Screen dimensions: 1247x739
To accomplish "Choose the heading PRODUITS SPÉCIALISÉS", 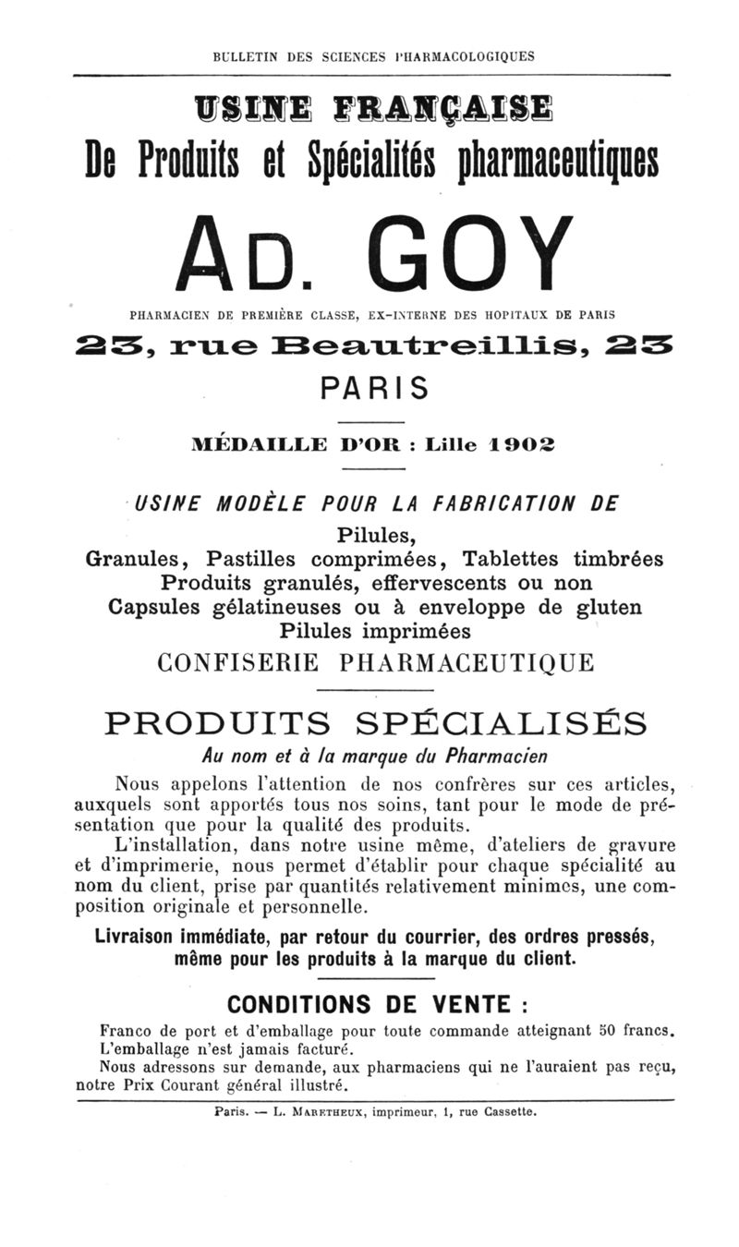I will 375,721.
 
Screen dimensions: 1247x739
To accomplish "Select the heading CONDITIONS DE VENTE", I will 368,1004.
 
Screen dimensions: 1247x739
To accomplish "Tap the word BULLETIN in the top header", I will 248,55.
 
